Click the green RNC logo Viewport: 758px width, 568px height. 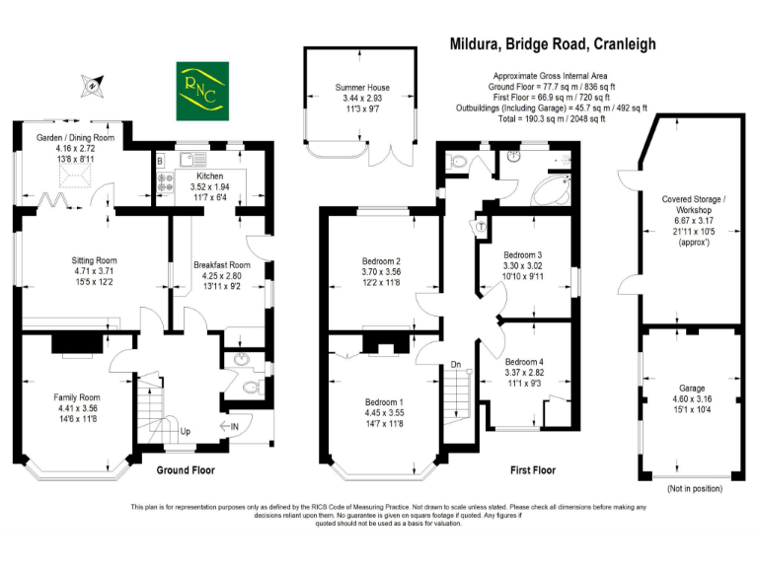coord(201,88)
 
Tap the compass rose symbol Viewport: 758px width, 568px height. coord(93,84)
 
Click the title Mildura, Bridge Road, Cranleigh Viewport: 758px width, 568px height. coord(553,44)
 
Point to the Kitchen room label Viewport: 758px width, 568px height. coord(210,175)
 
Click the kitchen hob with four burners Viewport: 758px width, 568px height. coord(163,181)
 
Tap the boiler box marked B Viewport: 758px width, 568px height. coord(160,159)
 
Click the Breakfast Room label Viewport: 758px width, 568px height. coord(221,264)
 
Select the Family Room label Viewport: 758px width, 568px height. coord(77,396)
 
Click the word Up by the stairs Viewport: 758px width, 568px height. coord(185,432)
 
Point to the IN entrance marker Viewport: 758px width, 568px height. coord(236,426)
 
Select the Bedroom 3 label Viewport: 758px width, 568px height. coord(523,254)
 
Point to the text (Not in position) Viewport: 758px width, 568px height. coord(691,489)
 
